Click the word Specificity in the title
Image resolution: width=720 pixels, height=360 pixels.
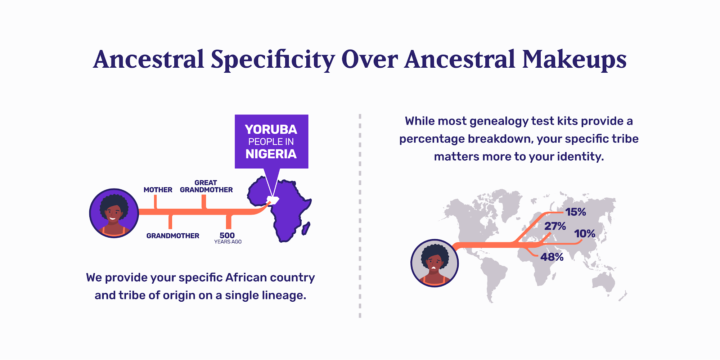point(273,59)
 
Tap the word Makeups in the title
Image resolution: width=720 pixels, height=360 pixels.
point(575,59)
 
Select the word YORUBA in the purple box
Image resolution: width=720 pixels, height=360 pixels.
point(271,129)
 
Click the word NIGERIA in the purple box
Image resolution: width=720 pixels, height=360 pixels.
point(271,154)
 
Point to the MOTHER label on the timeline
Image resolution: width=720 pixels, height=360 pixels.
point(158,190)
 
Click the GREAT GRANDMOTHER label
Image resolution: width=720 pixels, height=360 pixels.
point(206,186)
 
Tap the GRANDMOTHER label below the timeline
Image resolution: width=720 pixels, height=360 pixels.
point(173,236)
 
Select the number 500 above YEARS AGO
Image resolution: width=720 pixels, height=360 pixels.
point(227,235)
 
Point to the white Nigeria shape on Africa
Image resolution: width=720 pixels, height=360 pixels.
point(273,200)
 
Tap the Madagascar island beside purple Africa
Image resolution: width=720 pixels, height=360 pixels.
point(306,229)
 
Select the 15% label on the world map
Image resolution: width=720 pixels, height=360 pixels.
point(576,212)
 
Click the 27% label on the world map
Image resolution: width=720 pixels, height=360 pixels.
point(555,226)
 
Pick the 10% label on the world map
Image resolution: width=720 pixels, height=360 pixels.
point(585,234)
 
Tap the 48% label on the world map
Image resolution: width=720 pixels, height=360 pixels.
point(552,257)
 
